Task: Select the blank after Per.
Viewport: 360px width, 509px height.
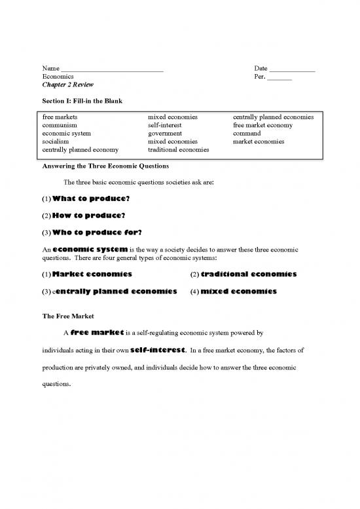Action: point(279,78)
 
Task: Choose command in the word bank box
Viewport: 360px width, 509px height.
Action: point(247,133)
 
